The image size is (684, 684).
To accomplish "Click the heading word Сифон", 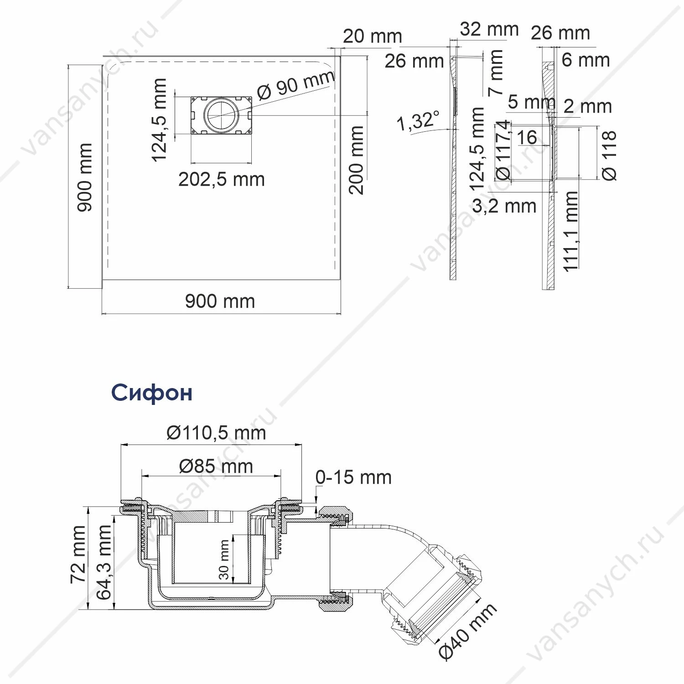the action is (152, 393).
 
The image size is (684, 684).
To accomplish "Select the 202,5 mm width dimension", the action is (222, 179).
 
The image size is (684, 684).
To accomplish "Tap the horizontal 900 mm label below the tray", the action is (220, 301).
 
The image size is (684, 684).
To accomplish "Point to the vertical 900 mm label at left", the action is (84, 177).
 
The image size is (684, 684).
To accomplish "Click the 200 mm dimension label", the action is (357, 160).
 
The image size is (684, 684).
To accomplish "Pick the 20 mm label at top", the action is (373, 36).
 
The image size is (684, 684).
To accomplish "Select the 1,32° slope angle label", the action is (418, 121).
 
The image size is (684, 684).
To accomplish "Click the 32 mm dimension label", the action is (489, 29).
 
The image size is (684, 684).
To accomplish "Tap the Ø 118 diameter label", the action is (609, 155).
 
